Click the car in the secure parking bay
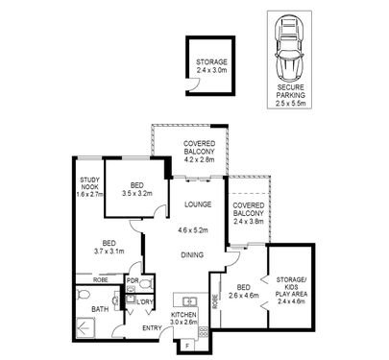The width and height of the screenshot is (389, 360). pyautogui.click(x=289, y=48)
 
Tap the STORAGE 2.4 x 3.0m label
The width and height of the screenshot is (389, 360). pyautogui.click(x=211, y=66)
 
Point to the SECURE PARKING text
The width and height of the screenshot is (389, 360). pyautogui.click(x=291, y=91)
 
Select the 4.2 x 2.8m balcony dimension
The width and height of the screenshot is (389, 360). pyautogui.click(x=199, y=159)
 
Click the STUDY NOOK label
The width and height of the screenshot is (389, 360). pyautogui.click(x=89, y=183)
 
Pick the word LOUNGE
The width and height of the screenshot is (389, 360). pyautogui.click(x=198, y=204)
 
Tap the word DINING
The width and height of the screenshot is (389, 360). pyautogui.click(x=192, y=255)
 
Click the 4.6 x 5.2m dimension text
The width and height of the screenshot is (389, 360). pyautogui.click(x=193, y=229)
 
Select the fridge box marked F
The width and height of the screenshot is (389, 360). pyautogui.click(x=187, y=346)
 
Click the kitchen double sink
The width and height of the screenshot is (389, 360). pyautogui.click(x=189, y=301)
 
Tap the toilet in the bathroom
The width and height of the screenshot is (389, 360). pyautogui.click(x=83, y=294)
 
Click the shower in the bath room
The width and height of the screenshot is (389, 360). pyautogui.click(x=85, y=327)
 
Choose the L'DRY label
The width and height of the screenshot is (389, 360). pyautogui.click(x=145, y=301)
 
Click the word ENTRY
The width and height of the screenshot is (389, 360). pyautogui.click(x=152, y=328)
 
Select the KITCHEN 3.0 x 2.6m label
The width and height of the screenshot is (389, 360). pyautogui.click(x=183, y=319)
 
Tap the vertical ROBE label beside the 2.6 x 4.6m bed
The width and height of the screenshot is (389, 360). pyautogui.click(x=215, y=301)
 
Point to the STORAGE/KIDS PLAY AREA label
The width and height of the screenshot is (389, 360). pyautogui.click(x=291, y=290)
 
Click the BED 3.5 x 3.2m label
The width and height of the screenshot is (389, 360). pyautogui.click(x=137, y=189)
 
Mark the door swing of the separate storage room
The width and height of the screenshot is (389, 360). pyautogui.click(x=194, y=84)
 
